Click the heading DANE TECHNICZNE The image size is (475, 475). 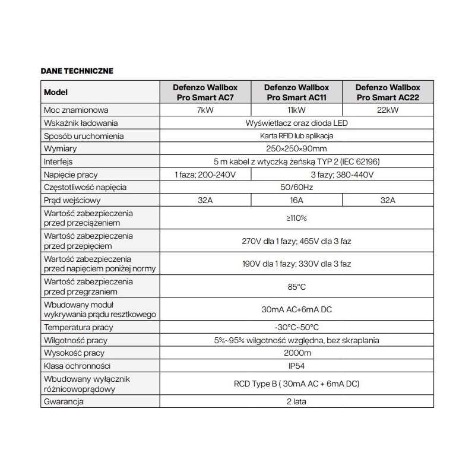coord(77,70)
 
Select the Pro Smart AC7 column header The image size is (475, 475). coord(203,92)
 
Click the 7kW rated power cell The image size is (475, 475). coord(203,110)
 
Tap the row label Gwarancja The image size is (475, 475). coord(64,402)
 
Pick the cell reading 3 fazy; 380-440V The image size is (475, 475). coord(341,175)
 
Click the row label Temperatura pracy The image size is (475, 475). coord(78,327)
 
